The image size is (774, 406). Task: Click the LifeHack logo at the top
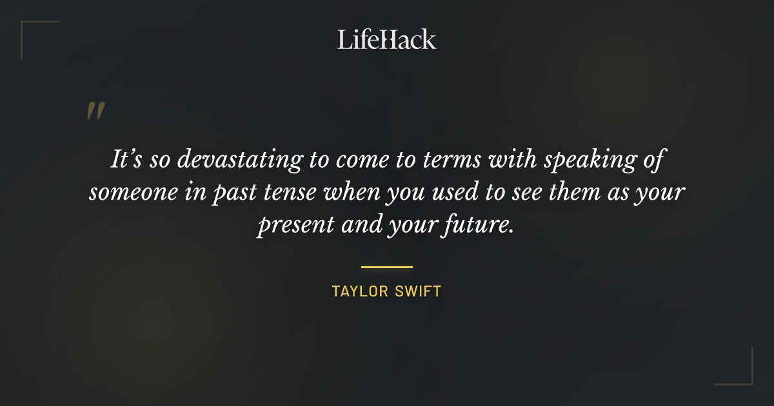387,39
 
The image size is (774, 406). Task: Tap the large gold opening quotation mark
95,111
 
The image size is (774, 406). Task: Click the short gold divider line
387,266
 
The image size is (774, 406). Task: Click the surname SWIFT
420,291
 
